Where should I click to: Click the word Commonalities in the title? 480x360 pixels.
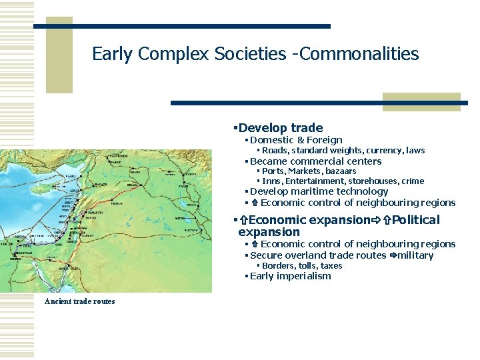click(x=359, y=53)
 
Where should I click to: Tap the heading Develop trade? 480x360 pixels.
click(x=280, y=127)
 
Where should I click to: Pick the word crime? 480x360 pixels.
click(x=412, y=181)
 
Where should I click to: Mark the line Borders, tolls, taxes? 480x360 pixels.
click(x=302, y=265)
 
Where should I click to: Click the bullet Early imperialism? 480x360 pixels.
click(x=290, y=276)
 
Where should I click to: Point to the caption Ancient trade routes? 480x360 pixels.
click(x=79, y=301)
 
